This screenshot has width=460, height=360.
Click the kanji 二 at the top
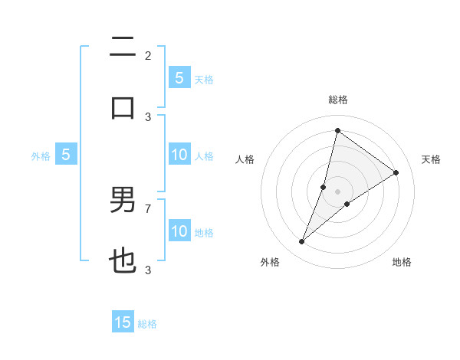tap(123, 47)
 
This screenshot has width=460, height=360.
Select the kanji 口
tap(123, 106)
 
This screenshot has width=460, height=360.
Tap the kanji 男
tap(123, 201)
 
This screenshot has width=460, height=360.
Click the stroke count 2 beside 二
tap(148, 55)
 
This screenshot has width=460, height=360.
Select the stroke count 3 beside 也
tap(148, 270)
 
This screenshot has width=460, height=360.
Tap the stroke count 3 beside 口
tap(148, 116)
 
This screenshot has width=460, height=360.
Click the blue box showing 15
tap(123, 322)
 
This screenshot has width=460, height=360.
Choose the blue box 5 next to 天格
tap(179, 77)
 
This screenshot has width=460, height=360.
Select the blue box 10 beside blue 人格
tap(179, 155)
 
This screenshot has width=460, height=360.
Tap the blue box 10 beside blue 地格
tap(179, 231)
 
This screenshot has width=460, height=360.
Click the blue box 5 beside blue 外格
tap(66, 155)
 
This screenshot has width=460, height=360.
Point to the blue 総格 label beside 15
tap(147, 324)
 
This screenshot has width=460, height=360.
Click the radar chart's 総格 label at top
tap(337, 100)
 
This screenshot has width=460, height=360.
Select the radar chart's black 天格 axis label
tap(431, 159)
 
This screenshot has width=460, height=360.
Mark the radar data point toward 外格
tap(302, 242)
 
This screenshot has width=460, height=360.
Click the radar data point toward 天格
tap(396, 172)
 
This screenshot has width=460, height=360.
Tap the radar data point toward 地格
tap(347, 204)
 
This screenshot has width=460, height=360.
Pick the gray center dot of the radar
tap(337, 191)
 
